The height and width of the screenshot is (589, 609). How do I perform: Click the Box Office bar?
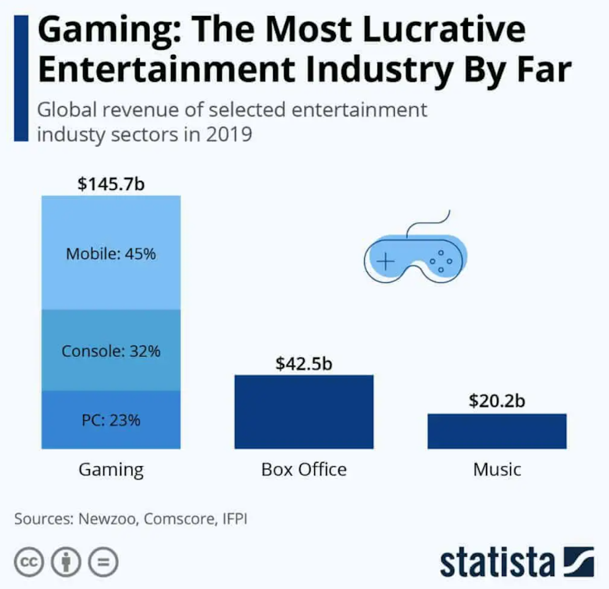(303, 412)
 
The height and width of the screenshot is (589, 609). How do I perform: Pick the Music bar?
(497, 431)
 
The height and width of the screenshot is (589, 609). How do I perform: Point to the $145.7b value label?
(111, 183)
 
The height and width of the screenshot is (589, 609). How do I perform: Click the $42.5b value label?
(303, 364)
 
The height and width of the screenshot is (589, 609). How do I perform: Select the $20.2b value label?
(497, 401)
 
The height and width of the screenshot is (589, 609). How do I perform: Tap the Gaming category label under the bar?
(111, 470)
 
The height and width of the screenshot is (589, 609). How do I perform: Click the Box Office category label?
(303, 470)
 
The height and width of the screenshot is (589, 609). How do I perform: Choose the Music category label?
(497, 470)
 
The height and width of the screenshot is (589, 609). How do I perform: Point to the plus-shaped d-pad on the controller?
(386, 261)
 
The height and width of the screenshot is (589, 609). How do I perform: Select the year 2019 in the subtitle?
(229, 135)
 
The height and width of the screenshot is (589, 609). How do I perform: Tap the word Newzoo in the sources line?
(107, 519)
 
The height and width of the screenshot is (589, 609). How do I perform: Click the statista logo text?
(497, 562)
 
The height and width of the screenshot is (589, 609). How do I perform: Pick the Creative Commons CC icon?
(29, 563)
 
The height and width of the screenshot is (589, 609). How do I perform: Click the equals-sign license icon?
(104, 563)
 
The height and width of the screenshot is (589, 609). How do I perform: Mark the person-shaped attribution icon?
(66, 563)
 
